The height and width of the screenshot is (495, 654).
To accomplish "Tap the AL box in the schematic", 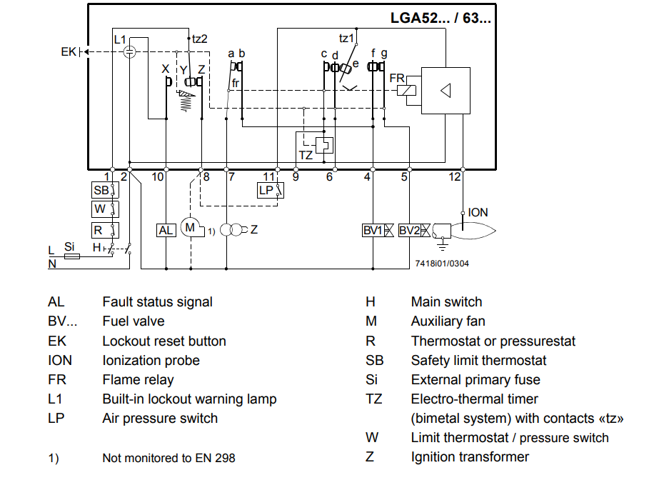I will pos(166,230).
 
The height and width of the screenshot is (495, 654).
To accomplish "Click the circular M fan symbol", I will pos(191,228).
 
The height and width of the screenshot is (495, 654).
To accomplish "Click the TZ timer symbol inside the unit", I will pos(324,144).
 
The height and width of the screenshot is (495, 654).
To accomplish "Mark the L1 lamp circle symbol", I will pos(129,51).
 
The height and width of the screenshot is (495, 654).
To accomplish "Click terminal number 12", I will pos(455,176).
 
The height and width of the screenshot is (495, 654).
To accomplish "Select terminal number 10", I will pos(159,176).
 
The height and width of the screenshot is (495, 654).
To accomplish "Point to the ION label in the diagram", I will pos(478,212).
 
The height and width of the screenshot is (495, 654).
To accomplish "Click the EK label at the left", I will pos(68,51).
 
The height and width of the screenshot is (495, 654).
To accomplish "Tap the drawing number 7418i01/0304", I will pos(441,263).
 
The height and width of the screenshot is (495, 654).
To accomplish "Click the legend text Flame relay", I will pos(138,380).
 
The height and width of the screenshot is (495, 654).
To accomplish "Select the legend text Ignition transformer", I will pos(470,457).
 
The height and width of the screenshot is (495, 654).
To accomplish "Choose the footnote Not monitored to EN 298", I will pos(168,458).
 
